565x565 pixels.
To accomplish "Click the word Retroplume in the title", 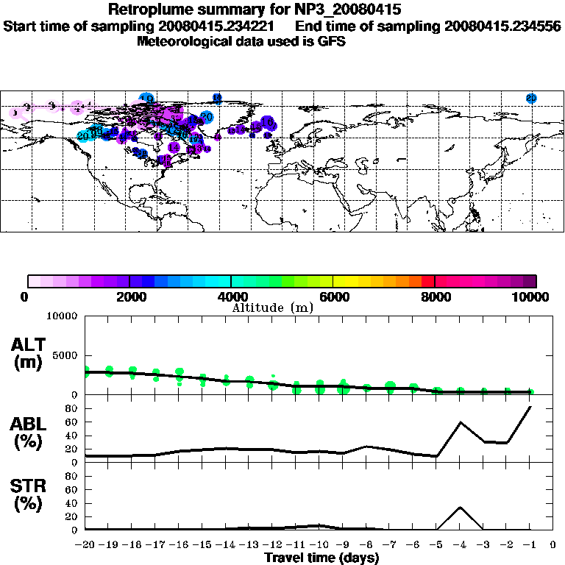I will (146, 10).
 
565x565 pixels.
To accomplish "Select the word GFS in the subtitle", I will (331, 41).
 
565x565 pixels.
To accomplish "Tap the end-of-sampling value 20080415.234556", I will (502, 26).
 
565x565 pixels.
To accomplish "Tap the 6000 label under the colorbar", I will (333, 296).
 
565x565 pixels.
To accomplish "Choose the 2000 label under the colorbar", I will (129, 296).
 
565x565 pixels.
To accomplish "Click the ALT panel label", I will (29, 345).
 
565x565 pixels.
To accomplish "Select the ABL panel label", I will (29, 424).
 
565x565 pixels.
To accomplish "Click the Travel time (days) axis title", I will (321, 558).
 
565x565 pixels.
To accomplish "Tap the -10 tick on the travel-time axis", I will (319, 544).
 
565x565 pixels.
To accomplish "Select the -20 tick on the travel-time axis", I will (86, 544).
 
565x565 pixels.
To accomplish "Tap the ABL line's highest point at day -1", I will (530, 406).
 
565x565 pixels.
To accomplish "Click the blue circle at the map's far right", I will (531, 99).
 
